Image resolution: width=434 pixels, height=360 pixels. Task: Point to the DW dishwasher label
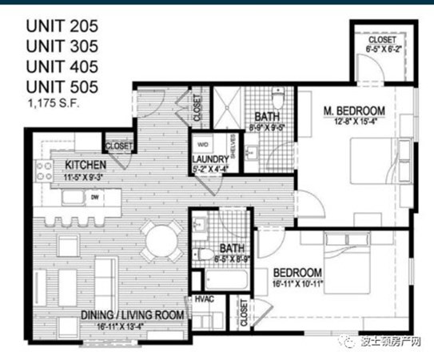pyautogui.click(x=94, y=196)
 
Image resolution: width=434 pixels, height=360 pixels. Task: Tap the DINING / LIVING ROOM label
pyautogui.click(x=133, y=315)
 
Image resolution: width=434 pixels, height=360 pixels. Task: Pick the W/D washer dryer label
pyautogui.click(x=203, y=145)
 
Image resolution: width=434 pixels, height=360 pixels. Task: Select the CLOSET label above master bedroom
pyautogui.click(x=381, y=40)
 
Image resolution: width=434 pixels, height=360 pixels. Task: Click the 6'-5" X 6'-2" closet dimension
pyautogui.click(x=381, y=50)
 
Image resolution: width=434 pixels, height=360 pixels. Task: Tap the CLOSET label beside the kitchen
pyautogui.click(x=119, y=146)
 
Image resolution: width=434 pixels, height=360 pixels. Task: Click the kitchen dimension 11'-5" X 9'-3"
pyautogui.click(x=75, y=175)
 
